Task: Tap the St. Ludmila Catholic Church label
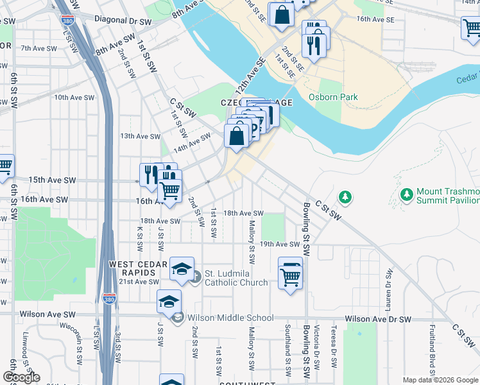point(237,277)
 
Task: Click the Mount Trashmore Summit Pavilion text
point(447,196)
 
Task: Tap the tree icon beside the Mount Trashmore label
point(406,193)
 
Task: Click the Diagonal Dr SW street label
point(122,19)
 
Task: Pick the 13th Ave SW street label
point(140,136)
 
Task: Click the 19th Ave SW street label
point(280,244)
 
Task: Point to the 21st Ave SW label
point(139,282)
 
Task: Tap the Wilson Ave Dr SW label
point(377,319)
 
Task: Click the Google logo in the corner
point(21,377)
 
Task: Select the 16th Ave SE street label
point(374,19)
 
